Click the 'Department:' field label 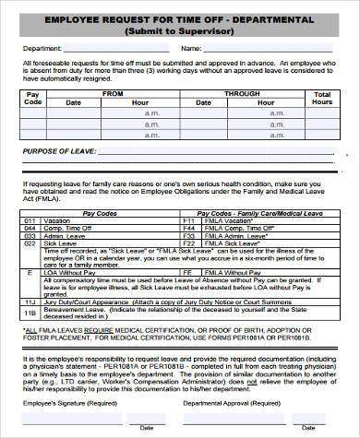pos(42,49)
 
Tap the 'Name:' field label pos(190,49)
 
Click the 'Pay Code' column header pos(32,99)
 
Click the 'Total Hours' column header pos(322,99)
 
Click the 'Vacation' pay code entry pos(56,221)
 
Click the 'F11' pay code pos(189,221)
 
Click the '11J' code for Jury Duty pos(29,302)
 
